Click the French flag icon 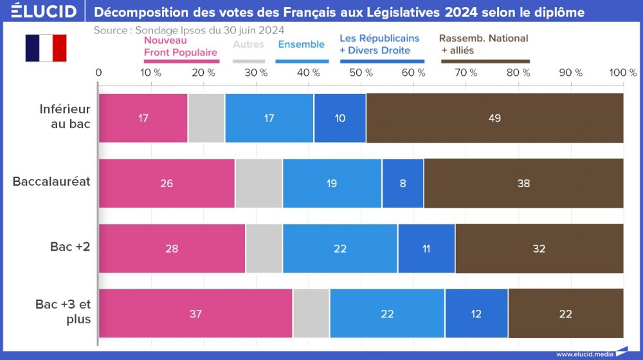click(46, 48)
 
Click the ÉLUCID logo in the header click(40, 12)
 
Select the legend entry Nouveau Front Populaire click(181, 47)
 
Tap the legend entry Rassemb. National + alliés click(484, 44)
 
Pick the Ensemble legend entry click(301, 44)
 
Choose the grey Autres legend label click(248, 44)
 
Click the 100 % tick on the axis click(622, 73)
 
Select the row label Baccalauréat click(51, 181)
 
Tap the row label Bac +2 click(70, 247)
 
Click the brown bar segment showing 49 click(494, 118)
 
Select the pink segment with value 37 click(195, 313)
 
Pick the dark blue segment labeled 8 click(403, 183)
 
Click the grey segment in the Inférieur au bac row click(206, 118)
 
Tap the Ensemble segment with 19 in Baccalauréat click(332, 183)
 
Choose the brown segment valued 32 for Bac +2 click(539, 248)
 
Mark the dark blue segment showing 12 click(476, 313)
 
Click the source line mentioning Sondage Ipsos click(189, 30)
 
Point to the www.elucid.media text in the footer click(584, 354)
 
